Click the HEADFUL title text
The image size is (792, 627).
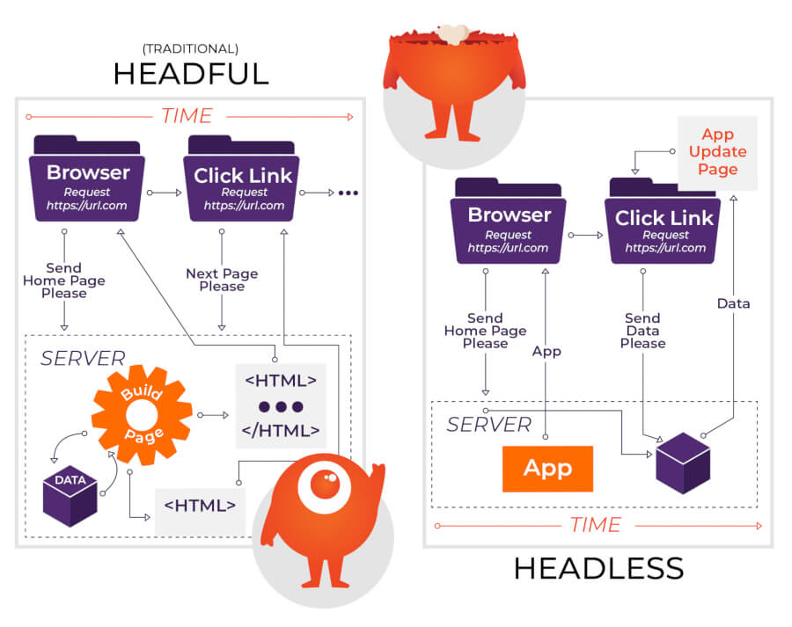click(191, 73)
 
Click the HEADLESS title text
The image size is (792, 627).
click(598, 569)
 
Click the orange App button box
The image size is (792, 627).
click(547, 468)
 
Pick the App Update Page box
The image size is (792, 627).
click(717, 151)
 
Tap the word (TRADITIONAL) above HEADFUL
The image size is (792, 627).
click(191, 48)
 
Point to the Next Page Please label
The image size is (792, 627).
click(222, 280)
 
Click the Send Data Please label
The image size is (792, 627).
click(642, 330)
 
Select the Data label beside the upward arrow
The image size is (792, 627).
click(733, 303)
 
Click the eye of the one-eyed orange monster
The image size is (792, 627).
click(322, 485)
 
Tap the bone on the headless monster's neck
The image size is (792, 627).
click(453, 33)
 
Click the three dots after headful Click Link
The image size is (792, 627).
click(348, 193)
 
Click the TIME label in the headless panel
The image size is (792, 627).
click(595, 525)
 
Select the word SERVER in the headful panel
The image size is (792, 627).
click(83, 358)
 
